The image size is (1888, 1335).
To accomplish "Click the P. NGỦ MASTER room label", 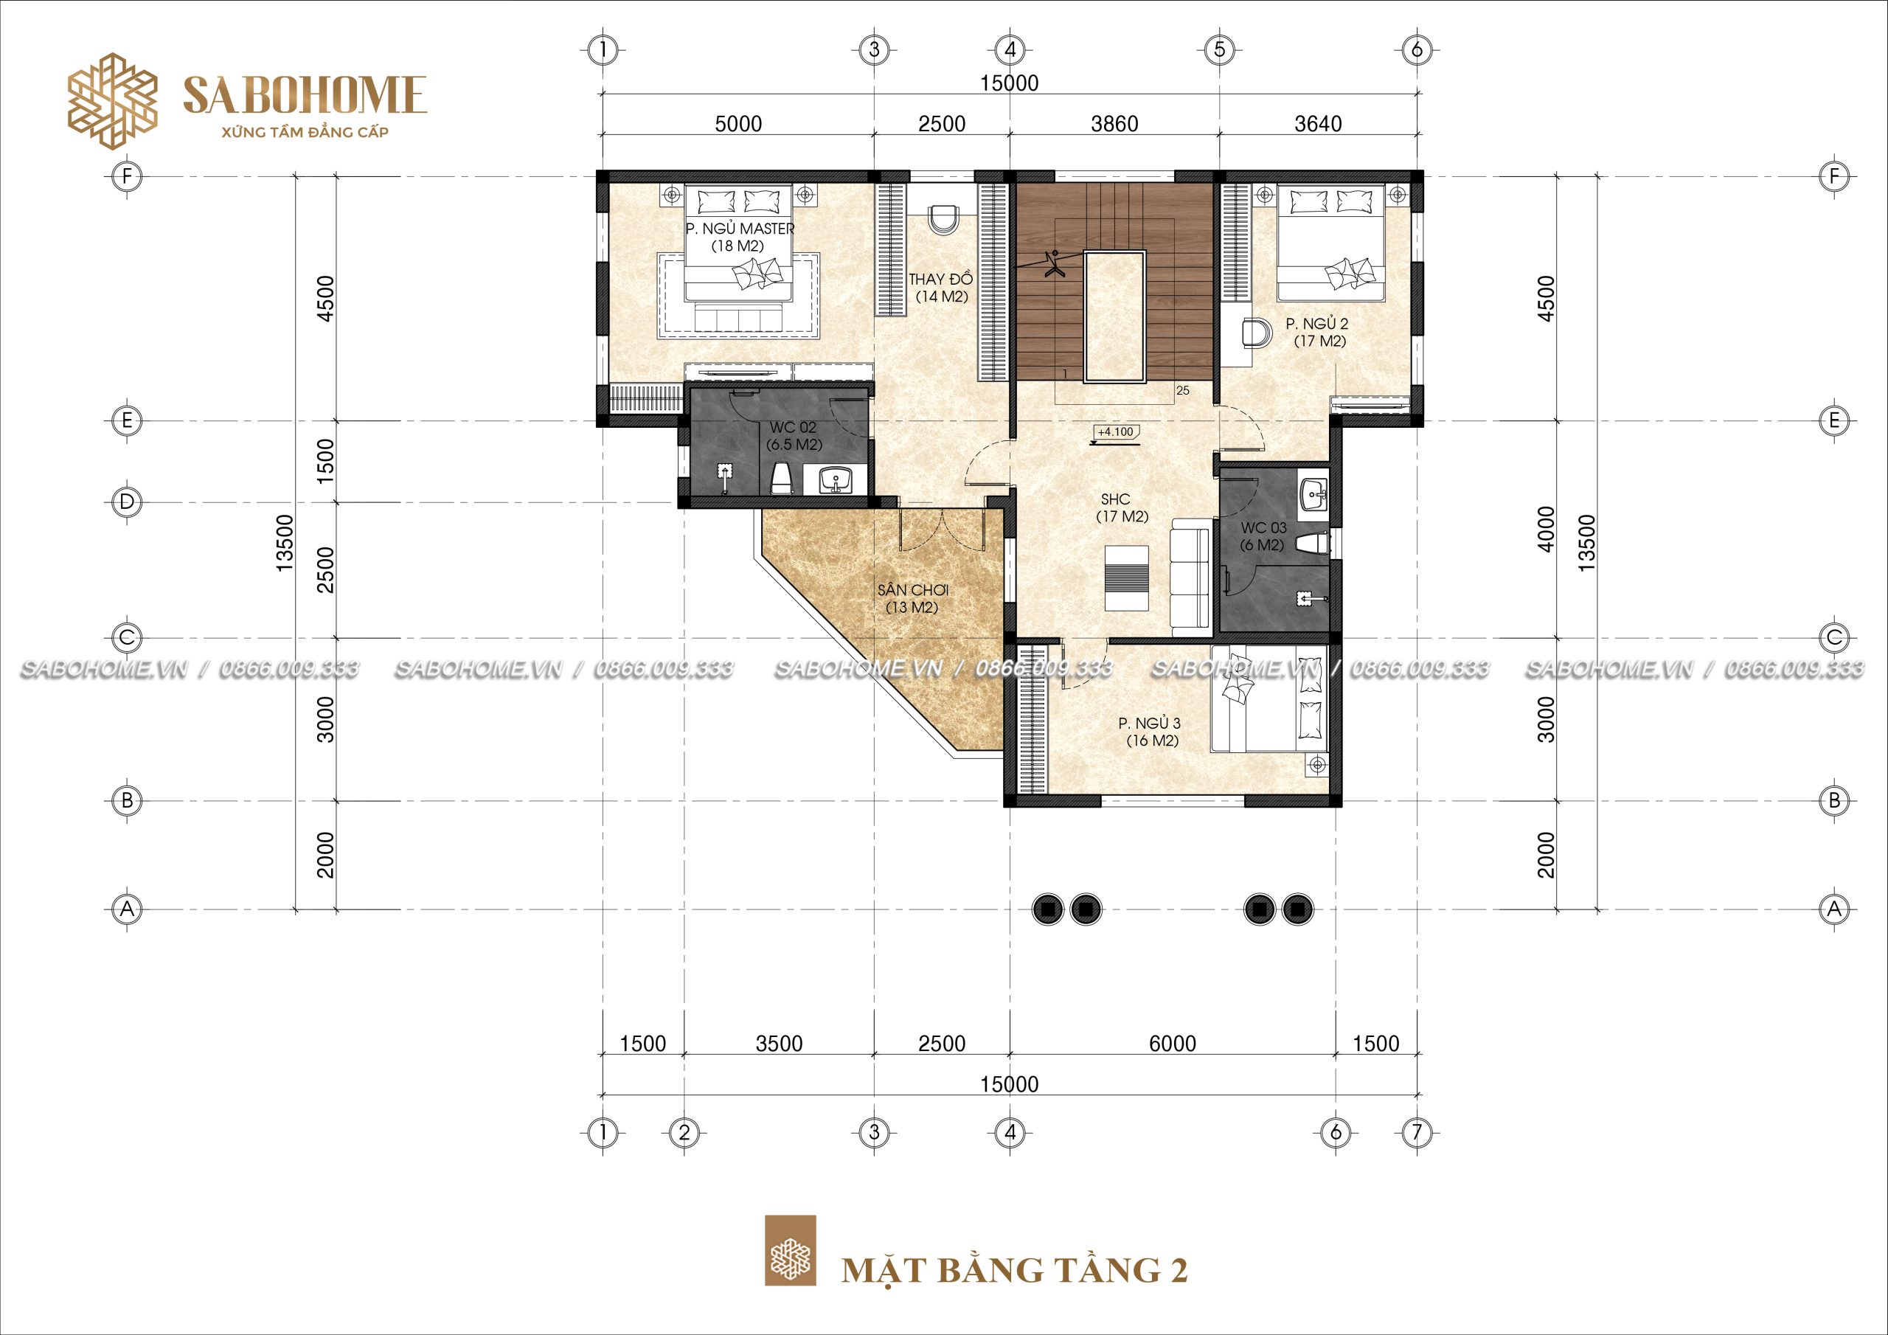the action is click(740, 229).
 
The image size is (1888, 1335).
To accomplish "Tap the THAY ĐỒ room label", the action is click(941, 279).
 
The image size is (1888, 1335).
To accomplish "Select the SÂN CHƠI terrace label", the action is click(913, 591).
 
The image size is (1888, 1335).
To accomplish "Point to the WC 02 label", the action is click(793, 428).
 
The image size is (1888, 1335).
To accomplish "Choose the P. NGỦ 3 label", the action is click(1150, 723).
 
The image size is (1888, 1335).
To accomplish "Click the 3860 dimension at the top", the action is click(1114, 123).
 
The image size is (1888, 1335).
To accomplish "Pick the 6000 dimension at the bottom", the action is click(1173, 1044).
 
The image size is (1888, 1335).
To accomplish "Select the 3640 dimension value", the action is click(1318, 123).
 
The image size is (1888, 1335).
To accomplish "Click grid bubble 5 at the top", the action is click(1220, 50).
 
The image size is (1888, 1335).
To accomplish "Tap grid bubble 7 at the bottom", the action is click(1416, 1133).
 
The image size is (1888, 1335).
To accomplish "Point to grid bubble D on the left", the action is click(127, 502).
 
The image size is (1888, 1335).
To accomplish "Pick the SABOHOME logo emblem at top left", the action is click(112, 102).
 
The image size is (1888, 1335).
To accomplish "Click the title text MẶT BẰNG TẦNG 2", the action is click(1015, 1269).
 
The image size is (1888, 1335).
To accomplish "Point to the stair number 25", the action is click(1182, 391).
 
